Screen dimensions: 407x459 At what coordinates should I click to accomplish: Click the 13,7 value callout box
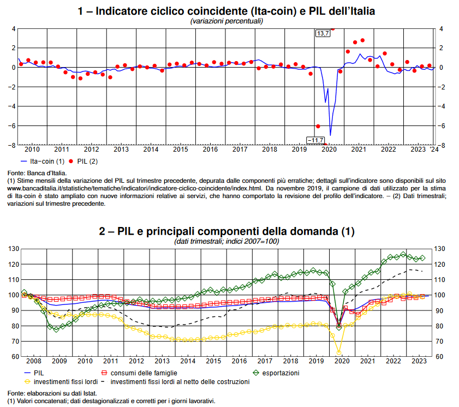pos(323,34)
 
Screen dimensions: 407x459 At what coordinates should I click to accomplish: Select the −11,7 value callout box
pos(315,141)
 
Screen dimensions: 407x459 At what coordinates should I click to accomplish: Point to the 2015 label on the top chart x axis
pos(181,149)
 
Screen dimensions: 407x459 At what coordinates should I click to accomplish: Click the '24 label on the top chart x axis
pos(433,149)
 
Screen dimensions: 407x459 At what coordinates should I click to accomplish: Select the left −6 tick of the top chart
pos(11,125)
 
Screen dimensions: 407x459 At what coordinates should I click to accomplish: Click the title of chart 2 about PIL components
pos(226,231)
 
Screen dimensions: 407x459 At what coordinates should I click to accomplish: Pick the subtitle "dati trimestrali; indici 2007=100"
pos(226,241)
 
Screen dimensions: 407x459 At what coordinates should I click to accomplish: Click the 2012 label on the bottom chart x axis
pos(136,361)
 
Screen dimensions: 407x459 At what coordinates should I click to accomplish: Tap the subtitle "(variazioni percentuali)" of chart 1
pos(226,21)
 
